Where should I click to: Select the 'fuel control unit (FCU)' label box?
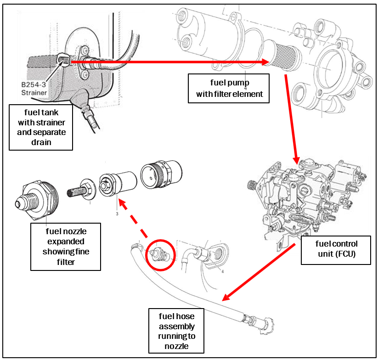[335, 248]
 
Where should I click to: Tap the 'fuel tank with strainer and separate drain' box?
[41, 127]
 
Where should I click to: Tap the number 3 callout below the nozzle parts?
[117, 214]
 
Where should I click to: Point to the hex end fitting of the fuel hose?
[266, 322]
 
